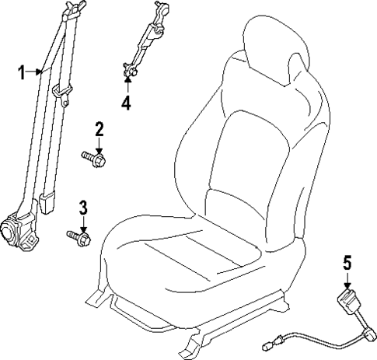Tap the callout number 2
[x=99, y=128]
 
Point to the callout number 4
[x=126, y=100]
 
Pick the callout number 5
[x=347, y=263]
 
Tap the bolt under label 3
[x=79, y=235]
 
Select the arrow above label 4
[x=126, y=83]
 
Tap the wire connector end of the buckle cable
[x=269, y=339]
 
